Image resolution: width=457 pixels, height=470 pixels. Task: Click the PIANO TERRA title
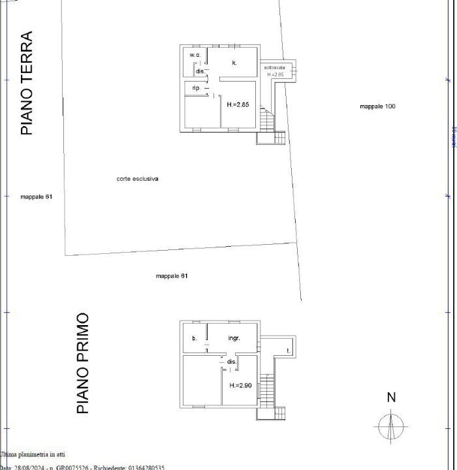pos(26,83)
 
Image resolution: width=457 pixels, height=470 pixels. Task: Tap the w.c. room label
pos(195,55)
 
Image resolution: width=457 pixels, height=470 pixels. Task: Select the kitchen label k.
pos(234,63)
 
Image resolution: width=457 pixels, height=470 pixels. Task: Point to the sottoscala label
pos(274,68)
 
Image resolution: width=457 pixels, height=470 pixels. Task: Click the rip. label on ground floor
pos(196,87)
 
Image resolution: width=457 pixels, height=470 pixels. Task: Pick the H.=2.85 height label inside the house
pos(238,104)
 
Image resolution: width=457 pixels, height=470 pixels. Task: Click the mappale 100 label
pos(377,106)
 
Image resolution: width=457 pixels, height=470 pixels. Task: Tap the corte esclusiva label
pos(138,178)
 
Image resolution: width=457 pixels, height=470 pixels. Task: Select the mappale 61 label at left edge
pos(36,196)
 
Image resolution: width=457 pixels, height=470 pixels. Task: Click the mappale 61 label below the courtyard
pos(172,276)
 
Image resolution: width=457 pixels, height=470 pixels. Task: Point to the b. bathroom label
pos(194,338)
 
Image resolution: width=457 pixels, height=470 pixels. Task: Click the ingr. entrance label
pos(234,338)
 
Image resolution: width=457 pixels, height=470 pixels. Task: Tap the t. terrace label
pos(288,351)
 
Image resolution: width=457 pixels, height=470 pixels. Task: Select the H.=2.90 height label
pos(240,385)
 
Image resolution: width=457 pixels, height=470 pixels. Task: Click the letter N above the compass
pos(391,398)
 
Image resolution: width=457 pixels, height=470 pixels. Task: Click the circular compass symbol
pos(391,427)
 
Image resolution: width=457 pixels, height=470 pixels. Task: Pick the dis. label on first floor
pos(231,362)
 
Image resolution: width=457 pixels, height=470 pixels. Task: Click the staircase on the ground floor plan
pos(266,119)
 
